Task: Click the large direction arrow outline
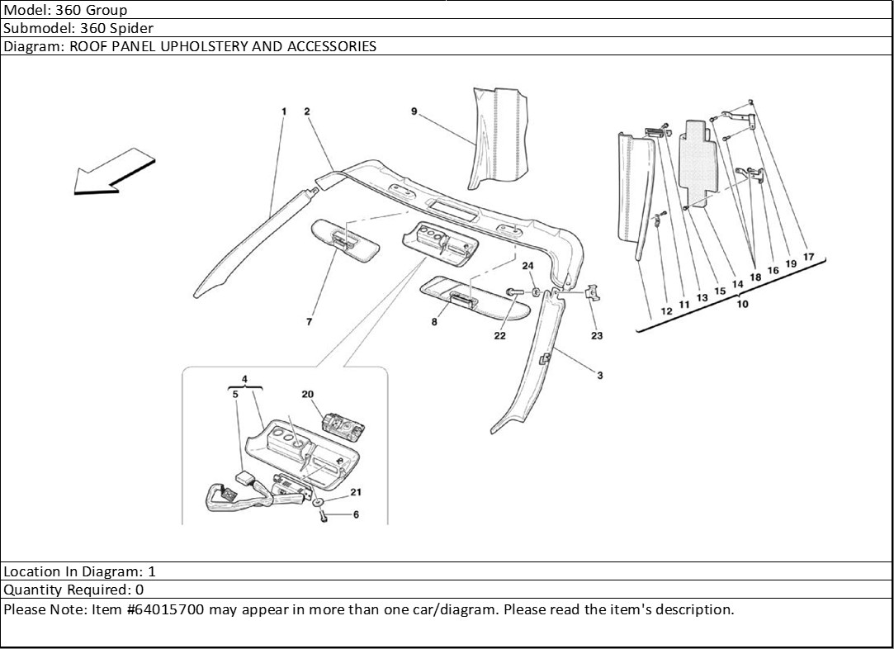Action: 114,171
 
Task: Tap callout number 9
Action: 414,111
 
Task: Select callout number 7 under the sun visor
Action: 309,322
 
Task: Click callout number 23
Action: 596,335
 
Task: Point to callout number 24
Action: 528,266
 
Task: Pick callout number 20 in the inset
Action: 308,394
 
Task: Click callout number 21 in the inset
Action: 356,492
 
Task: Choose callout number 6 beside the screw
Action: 356,514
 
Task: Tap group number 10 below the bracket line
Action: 742,304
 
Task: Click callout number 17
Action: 808,257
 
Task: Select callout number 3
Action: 600,375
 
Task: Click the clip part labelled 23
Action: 593,292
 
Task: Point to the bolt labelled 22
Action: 513,291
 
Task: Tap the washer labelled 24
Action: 537,292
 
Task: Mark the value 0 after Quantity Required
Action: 140,590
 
